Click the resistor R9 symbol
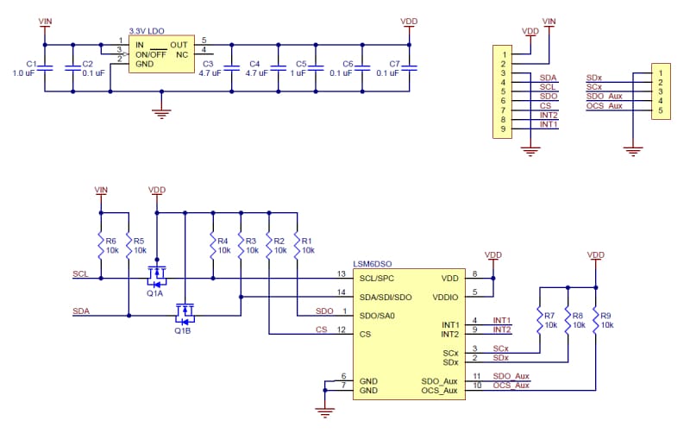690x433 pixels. [x=596, y=320]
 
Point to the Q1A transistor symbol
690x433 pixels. [x=156, y=276]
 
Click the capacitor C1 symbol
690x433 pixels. [x=46, y=68]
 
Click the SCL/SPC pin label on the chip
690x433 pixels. [x=378, y=279]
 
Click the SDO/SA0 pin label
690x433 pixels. [x=379, y=315]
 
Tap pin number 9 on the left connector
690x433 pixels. [x=501, y=129]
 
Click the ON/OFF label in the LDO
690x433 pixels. [x=152, y=54]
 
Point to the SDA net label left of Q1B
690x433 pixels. [x=81, y=311]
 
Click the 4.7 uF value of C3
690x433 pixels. [x=210, y=74]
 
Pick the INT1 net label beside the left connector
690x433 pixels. [x=549, y=125]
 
